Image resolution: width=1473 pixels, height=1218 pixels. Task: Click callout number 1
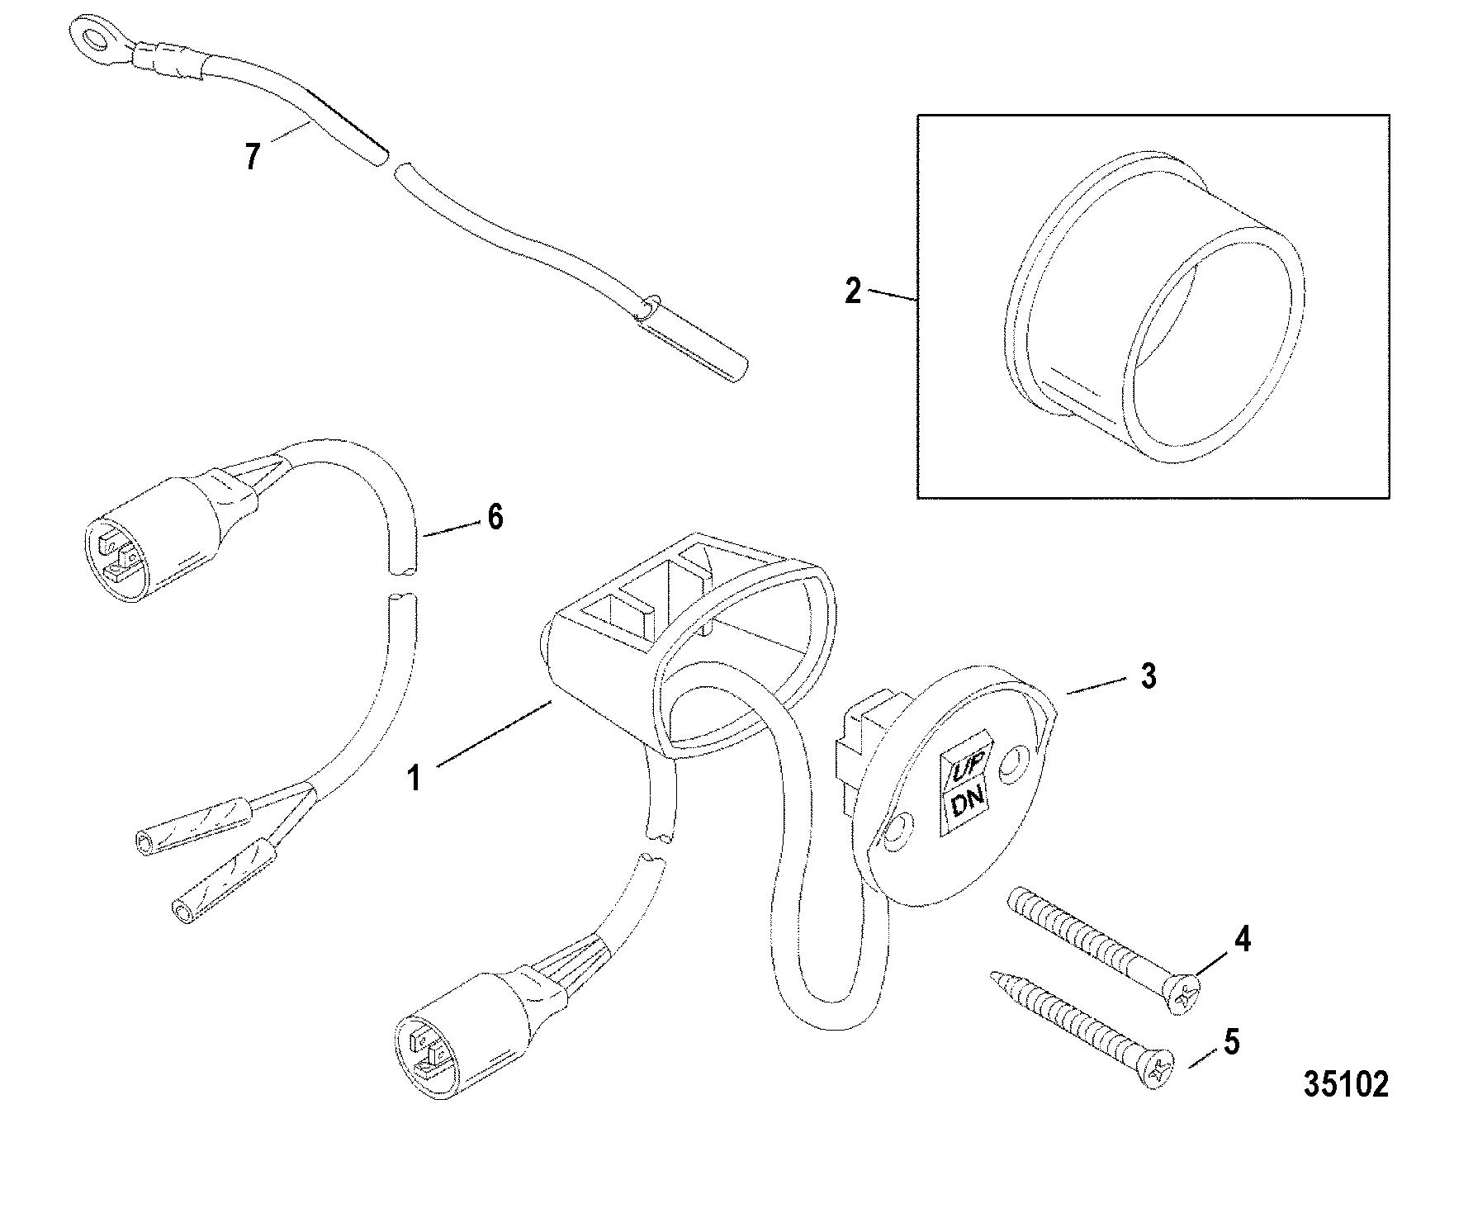pos(415,777)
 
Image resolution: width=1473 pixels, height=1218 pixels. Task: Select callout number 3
pos(1149,676)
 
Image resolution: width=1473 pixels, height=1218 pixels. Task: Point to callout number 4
pos(1242,941)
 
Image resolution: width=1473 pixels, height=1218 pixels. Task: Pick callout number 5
pos(1231,1043)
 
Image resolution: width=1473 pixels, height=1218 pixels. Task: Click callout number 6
pos(495,518)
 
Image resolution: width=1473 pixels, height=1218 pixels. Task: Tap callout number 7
pos(253,155)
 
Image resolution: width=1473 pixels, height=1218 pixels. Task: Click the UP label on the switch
pos(964,770)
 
